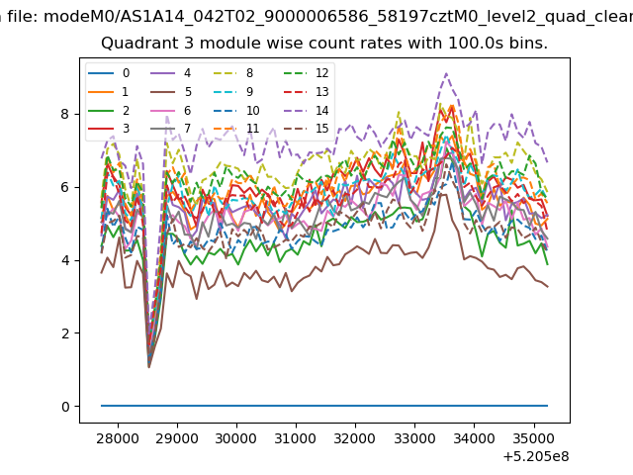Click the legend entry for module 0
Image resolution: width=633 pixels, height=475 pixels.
109,73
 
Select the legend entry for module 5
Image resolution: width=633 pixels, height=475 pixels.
171,92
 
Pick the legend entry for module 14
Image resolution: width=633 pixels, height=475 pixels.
306,110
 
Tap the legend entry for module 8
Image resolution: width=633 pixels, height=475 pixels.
233,73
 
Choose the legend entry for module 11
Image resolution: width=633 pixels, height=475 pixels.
235,129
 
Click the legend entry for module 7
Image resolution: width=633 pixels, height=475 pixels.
171,129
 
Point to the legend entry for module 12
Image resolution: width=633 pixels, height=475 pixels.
306,73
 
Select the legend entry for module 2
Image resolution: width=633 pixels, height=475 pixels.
109,110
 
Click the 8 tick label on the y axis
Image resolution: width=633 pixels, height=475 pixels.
65,115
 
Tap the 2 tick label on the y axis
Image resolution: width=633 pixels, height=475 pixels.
65,333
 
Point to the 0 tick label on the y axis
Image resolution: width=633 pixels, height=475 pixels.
65,407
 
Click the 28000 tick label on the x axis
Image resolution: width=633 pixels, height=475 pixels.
118,438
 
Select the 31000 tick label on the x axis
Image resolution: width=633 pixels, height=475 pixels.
296,438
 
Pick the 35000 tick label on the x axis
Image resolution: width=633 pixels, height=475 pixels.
534,438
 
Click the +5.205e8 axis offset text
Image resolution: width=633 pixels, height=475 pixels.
536,457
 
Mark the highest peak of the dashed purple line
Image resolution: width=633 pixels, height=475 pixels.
446,73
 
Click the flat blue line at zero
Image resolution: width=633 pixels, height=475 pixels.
324,406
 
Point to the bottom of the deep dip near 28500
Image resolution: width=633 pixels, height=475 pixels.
149,366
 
